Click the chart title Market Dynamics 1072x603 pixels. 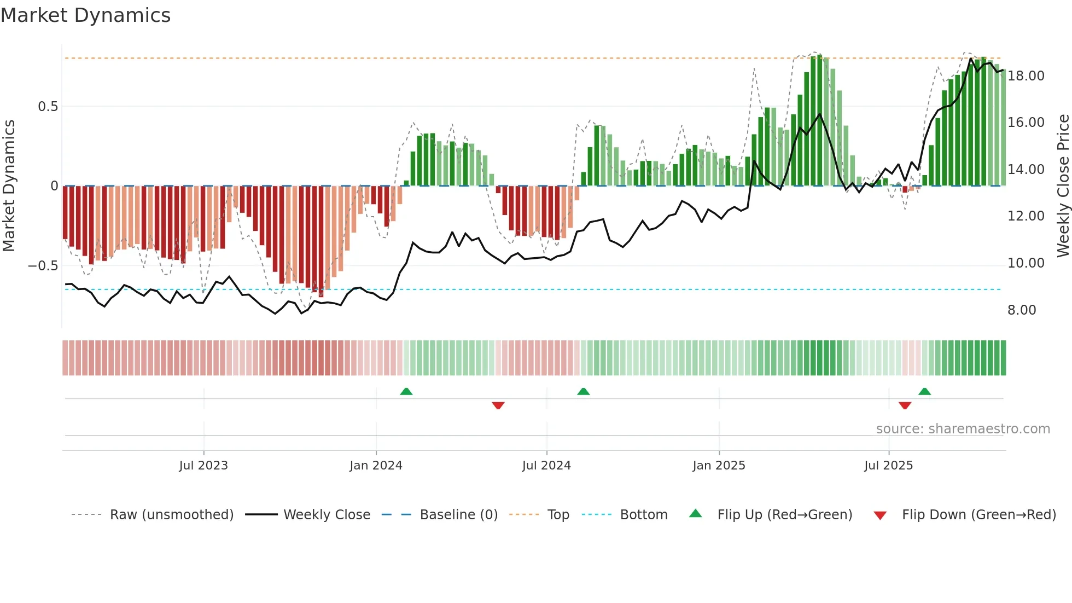tap(86, 15)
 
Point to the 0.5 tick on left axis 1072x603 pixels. tap(48, 107)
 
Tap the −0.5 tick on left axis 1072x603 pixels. tap(43, 266)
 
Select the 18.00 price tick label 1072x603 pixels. tap(1026, 76)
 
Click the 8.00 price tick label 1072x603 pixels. tap(1022, 310)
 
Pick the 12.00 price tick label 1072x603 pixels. tap(1026, 216)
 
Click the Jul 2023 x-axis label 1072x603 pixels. tap(203, 466)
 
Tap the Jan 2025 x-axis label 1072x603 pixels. tap(719, 466)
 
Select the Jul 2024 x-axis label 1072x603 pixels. tap(546, 466)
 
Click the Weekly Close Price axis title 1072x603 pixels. tap(1063, 186)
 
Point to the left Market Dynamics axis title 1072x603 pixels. tap(9, 186)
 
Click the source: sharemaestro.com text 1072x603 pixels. tap(963, 429)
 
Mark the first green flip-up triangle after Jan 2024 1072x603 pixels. tap(406, 392)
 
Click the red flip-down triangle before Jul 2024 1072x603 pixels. tap(498, 405)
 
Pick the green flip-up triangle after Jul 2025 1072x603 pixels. tap(924, 392)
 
